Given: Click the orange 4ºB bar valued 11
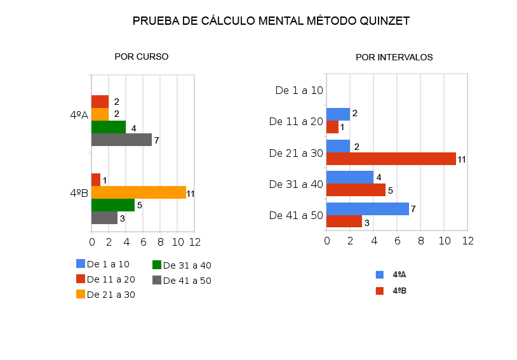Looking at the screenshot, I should click(138, 192).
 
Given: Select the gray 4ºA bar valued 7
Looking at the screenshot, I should click(121, 140).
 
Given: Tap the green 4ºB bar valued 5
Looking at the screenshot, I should click(113, 205).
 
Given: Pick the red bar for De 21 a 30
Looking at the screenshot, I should click(391, 159).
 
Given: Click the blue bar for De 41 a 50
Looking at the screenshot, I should click(368, 209).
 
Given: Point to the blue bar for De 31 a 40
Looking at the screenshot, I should click(350, 177).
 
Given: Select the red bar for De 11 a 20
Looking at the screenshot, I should click(332, 127).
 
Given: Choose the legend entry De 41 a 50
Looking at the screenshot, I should click(187, 280).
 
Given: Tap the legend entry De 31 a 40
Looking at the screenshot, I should click(187, 265).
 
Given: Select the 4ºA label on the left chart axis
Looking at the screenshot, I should click(79, 115).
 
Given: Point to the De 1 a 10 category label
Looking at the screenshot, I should click(299, 91).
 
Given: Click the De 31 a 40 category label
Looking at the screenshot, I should click(296, 184).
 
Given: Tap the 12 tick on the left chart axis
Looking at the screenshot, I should click(195, 242).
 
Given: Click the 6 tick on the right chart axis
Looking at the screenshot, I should click(397, 241).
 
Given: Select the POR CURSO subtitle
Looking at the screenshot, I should click(141, 57).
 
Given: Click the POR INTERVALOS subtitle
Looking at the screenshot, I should click(394, 57).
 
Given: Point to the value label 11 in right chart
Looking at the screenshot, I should click(462, 159).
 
